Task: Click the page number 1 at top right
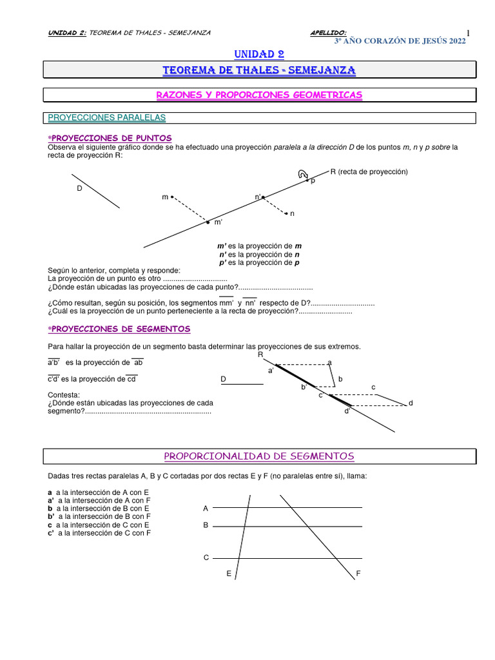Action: (469, 34)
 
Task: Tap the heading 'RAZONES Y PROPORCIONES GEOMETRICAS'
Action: (259, 95)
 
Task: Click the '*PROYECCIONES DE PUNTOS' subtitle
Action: (110, 138)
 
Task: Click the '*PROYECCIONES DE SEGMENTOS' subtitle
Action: (119, 329)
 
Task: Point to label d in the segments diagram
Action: (410, 403)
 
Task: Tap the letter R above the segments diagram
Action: (260, 354)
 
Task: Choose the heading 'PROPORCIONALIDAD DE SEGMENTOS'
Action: (259, 456)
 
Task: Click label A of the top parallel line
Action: (206, 509)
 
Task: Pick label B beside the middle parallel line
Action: (206, 525)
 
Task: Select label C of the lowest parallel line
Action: (206, 558)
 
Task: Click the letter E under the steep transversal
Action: (228, 573)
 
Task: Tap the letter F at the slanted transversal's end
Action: (358, 573)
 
